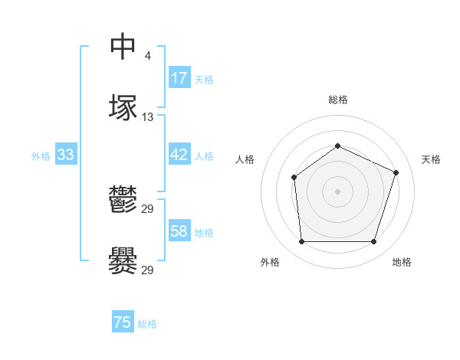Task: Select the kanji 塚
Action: (123, 107)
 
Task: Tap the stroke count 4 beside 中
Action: (147, 55)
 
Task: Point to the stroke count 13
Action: (147, 117)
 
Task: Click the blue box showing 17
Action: (179, 78)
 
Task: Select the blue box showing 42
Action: (179, 155)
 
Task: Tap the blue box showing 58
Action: (179, 231)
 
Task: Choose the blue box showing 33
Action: (65, 155)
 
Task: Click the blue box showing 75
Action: (123, 322)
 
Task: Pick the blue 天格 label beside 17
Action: (204, 80)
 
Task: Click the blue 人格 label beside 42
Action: (204, 156)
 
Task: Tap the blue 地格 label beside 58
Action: (204, 233)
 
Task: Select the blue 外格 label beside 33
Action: (41, 156)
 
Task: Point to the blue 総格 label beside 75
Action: (147, 324)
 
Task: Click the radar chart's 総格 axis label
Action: (337, 100)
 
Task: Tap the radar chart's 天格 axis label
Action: (431, 159)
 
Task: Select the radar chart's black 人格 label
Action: (245, 159)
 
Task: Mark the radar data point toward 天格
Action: (396, 172)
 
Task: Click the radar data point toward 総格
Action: (337, 146)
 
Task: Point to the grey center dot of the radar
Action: (337, 191)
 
